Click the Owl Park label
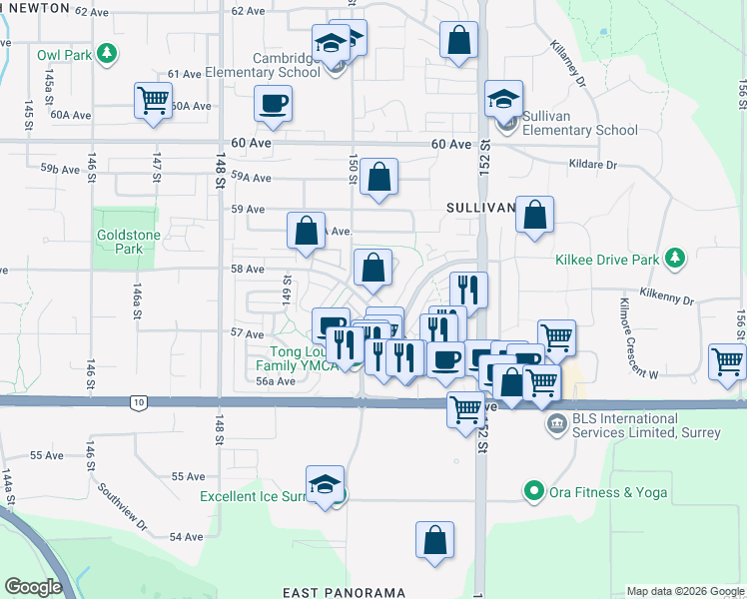(60, 54)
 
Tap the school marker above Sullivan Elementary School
(504, 98)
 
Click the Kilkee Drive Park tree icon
(676, 260)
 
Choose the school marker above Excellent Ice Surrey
(326, 483)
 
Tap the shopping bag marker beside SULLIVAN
(535, 214)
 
